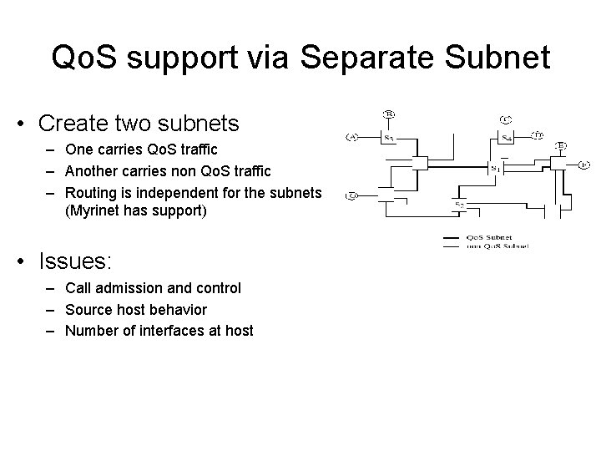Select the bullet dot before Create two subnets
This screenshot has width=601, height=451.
19,125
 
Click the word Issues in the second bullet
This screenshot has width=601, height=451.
73,261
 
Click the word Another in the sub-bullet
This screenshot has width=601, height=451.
93,171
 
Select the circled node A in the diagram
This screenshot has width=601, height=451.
352,138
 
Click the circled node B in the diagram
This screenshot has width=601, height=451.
388,114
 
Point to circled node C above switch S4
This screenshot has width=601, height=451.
506,119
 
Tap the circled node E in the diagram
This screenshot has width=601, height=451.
562,145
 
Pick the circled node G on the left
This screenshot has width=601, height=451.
352,196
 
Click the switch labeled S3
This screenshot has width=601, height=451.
388,137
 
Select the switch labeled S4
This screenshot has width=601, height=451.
506,138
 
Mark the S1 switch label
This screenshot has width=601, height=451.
495,168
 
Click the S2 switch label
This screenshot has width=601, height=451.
459,204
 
